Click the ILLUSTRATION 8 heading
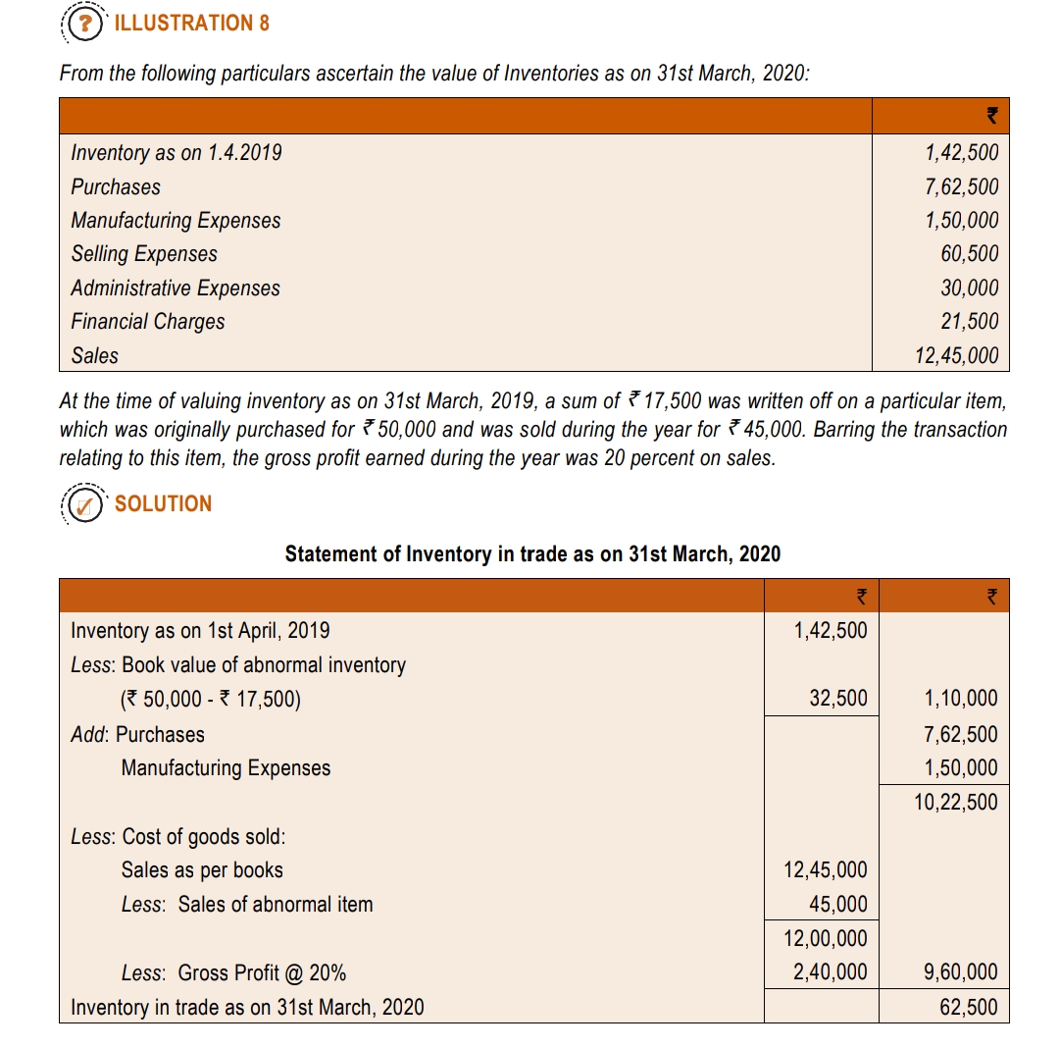coord(191,23)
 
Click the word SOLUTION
coord(163,503)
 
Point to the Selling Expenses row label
coord(144,254)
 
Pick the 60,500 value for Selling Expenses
coord(969,254)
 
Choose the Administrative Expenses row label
coord(176,288)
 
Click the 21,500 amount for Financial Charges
coord(969,322)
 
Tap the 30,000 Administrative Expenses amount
coord(969,288)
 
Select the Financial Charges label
coord(148,322)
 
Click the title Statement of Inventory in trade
coord(532,554)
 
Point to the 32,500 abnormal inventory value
coord(838,700)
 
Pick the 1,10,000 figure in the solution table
coord(961,700)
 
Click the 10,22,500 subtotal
coord(956,803)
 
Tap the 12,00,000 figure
coord(826,939)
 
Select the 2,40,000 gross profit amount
coord(830,973)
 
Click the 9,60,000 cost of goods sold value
coord(961,973)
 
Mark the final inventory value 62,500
coord(969,1008)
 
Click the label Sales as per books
coord(202,870)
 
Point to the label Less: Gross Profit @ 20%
coord(233,973)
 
